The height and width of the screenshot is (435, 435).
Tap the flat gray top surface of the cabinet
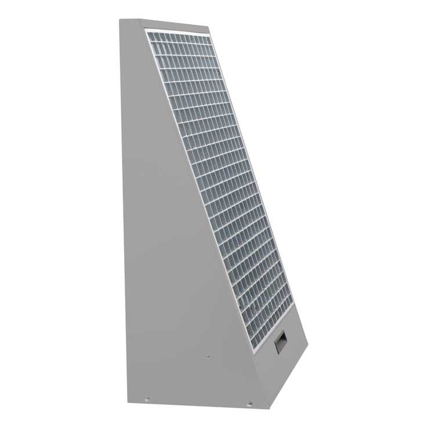pos(168,24)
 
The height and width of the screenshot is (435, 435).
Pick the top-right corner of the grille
pos(212,34)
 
